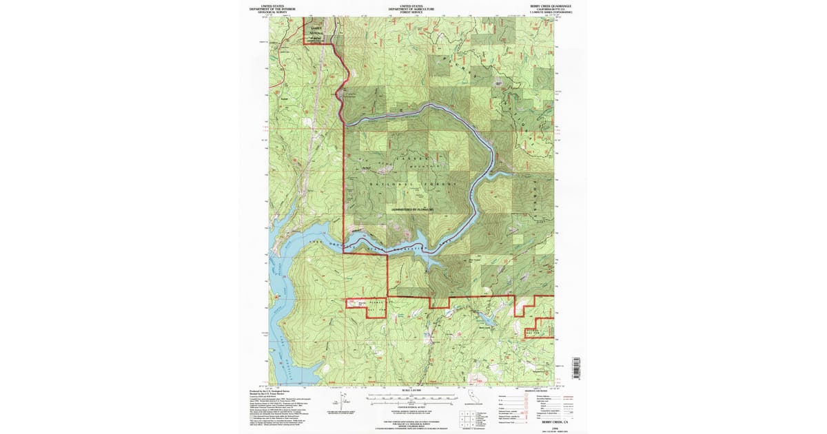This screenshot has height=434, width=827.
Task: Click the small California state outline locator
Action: [x=471, y=395]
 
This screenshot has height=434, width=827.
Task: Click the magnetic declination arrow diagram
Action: [x=337, y=397]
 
